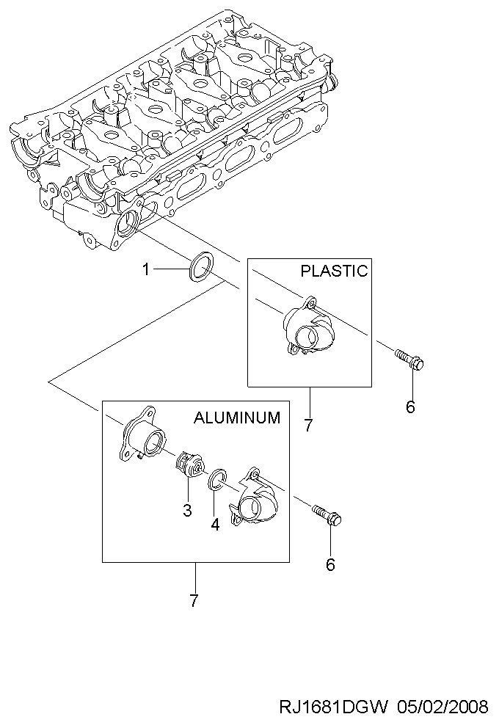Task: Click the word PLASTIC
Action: click(334, 271)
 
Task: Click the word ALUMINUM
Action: click(237, 418)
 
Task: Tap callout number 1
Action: click(146, 269)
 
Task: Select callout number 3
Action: click(187, 511)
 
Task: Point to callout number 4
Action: click(215, 525)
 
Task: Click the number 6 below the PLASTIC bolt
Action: click(411, 407)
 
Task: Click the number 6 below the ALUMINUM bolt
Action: click(330, 564)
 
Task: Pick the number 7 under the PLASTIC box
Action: click(309, 425)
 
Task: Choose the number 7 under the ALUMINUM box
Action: click(194, 601)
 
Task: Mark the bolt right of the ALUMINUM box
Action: click(327, 514)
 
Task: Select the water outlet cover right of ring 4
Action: click(253, 498)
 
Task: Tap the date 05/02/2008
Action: click(441, 707)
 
